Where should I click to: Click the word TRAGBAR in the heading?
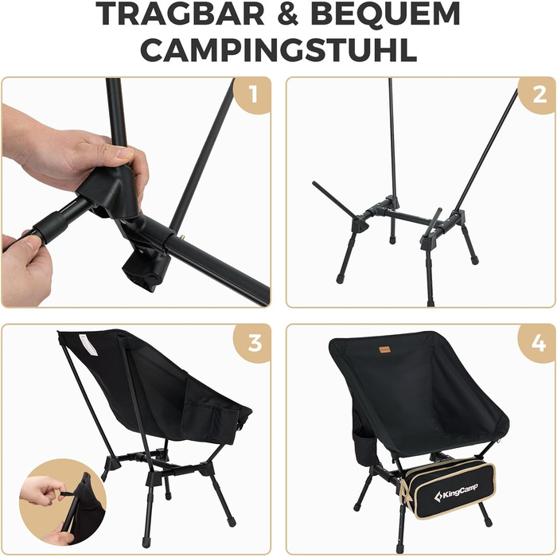(x=180, y=14)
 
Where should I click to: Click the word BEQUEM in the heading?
(x=385, y=14)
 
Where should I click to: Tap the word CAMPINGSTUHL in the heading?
(x=278, y=49)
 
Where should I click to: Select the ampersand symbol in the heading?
(x=288, y=14)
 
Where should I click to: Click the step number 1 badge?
(x=253, y=95)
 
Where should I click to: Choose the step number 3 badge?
(x=253, y=343)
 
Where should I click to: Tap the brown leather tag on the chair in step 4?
(x=384, y=349)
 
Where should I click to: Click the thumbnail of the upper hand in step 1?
(x=124, y=153)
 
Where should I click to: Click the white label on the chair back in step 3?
(x=88, y=345)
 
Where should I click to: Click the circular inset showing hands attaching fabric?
(x=63, y=501)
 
